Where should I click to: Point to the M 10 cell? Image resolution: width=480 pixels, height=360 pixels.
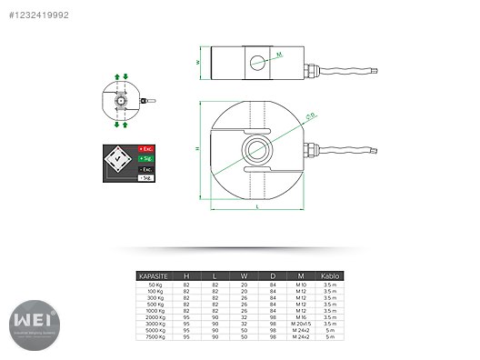pos(301,285)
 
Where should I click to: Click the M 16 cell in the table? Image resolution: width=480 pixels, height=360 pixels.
pos(301,317)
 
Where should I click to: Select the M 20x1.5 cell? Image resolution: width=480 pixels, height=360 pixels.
pos(301,324)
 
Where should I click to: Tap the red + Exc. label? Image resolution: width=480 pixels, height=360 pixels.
pos(146,148)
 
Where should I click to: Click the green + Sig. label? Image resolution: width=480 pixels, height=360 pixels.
pos(146,158)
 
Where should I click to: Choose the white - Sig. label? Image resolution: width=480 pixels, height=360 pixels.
pos(146,178)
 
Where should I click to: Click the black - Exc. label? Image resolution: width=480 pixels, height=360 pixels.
pos(146,168)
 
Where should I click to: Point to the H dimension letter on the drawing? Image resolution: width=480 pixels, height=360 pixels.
pos(197,147)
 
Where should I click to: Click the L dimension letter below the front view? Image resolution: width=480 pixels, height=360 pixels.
pos(257,208)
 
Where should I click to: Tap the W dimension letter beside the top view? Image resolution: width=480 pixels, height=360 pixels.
pos(197,63)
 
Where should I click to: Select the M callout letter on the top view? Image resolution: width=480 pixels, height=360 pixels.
pos(280,55)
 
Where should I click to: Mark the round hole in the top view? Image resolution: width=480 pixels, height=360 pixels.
pos(258,63)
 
